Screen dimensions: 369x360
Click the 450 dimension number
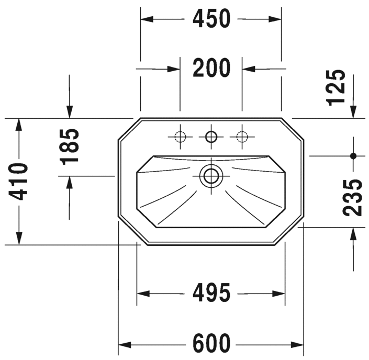coord(211,19)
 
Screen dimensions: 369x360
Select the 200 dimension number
coord(211,68)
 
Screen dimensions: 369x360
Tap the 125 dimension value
coord(336,87)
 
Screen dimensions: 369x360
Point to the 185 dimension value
coord(69,147)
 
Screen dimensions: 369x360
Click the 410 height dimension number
coord(18,182)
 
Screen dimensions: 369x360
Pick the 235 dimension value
coord(352,198)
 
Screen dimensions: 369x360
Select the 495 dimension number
coord(211,293)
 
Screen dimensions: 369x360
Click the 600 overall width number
coord(211,343)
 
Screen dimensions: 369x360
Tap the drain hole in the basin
coord(211,176)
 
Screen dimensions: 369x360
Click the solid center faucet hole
coord(211,137)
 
